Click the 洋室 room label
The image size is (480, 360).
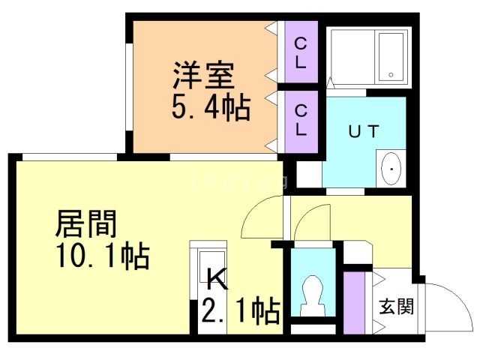203,76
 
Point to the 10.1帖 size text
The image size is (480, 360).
102,256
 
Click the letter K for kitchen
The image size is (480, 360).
215,279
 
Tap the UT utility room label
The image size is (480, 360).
365,130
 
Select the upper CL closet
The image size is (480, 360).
301,54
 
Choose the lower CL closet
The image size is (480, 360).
301,120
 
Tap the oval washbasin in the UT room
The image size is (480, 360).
391,169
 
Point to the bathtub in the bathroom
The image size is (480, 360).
391,55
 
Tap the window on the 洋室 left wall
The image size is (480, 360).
128,86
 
